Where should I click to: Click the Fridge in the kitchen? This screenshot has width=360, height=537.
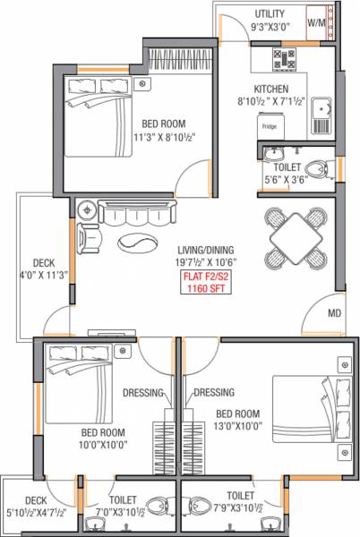point(269,127)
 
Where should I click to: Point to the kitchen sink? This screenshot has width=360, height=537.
point(320,111)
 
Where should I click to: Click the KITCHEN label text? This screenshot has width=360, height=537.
point(270,89)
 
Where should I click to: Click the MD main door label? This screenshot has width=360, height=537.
point(334,313)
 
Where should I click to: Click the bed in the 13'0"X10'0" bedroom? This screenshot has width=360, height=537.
point(307,404)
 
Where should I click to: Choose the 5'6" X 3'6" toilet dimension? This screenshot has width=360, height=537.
point(284,179)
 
